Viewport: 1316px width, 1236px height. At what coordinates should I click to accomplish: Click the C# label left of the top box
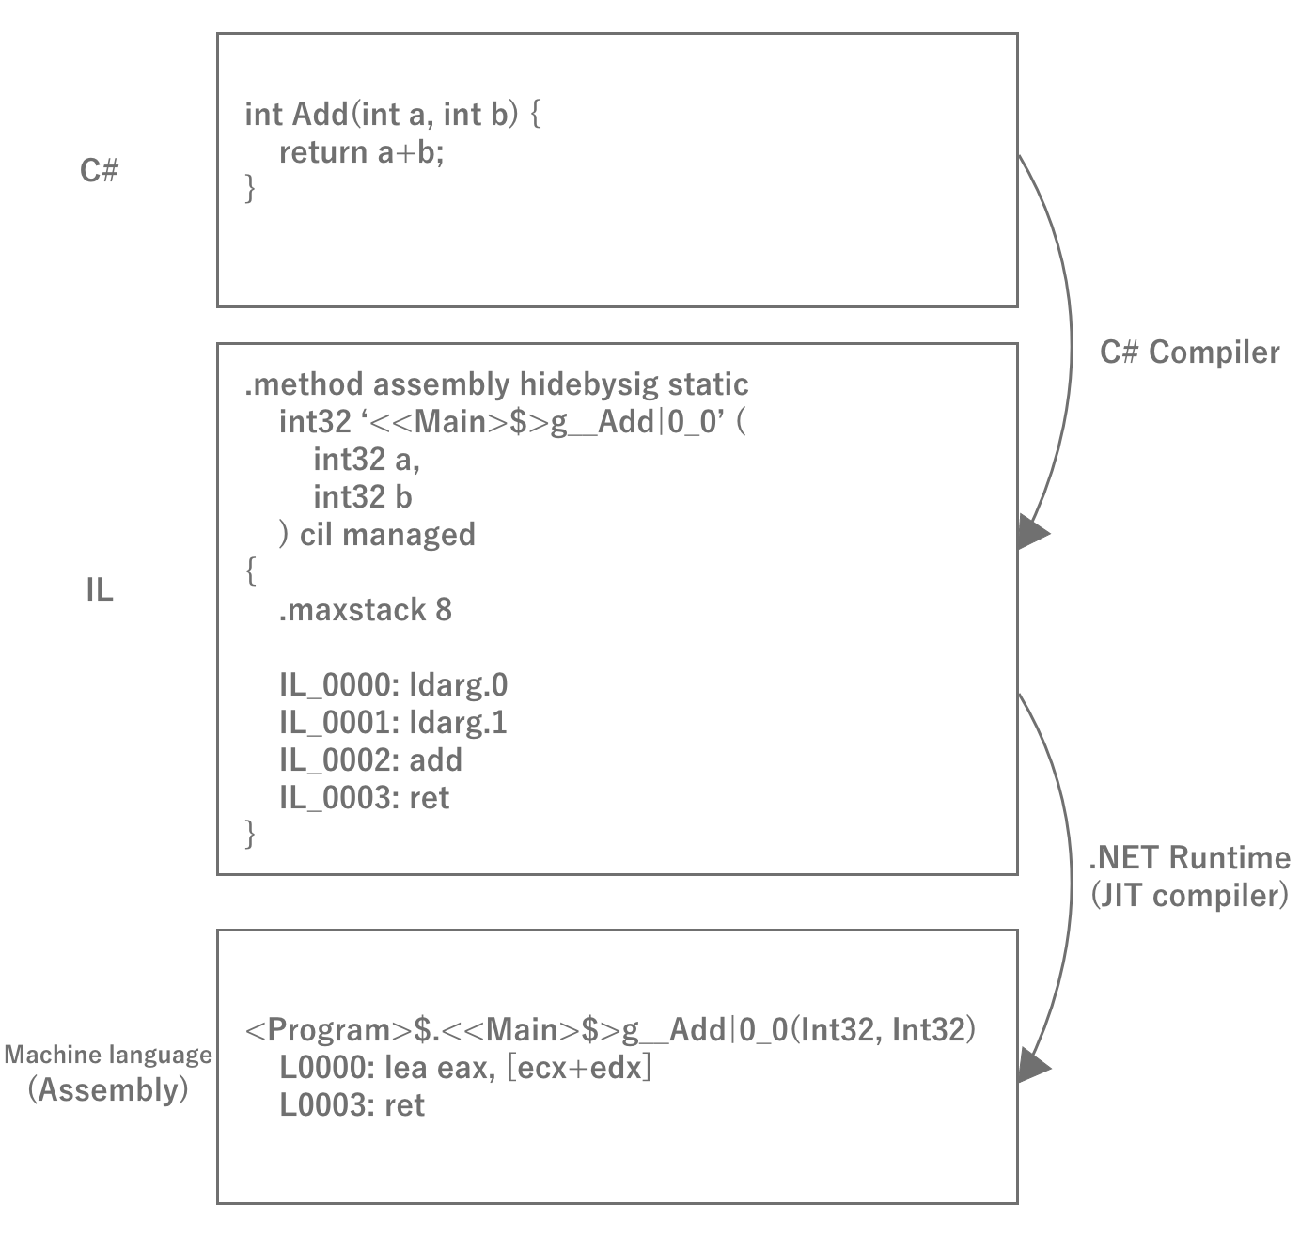(x=99, y=171)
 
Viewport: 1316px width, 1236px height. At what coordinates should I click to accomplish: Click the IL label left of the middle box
(x=99, y=590)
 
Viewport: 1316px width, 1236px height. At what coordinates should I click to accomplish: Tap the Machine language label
(x=108, y=1055)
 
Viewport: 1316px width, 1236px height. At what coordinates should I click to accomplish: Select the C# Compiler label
(x=1189, y=352)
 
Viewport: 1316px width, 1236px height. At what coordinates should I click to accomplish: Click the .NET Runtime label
(x=1189, y=857)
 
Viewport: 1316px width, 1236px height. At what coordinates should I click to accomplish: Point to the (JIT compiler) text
(x=1189, y=895)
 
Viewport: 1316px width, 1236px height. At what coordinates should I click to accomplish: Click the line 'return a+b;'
(x=361, y=152)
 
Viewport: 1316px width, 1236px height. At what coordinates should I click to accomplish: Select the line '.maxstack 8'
(x=365, y=610)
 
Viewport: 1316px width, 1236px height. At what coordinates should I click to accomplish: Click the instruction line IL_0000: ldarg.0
(x=393, y=684)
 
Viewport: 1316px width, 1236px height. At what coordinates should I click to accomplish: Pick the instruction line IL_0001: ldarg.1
(x=393, y=722)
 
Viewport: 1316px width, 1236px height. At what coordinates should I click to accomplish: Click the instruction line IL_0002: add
(x=370, y=759)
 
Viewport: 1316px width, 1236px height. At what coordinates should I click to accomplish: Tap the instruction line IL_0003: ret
(x=364, y=797)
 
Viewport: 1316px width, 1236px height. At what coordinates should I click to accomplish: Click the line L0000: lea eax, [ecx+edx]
(x=465, y=1068)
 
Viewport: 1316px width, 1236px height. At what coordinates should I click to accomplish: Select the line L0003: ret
(x=352, y=1105)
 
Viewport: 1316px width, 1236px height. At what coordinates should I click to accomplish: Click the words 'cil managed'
(x=387, y=534)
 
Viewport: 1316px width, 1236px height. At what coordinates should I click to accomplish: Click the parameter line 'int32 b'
(x=362, y=496)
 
